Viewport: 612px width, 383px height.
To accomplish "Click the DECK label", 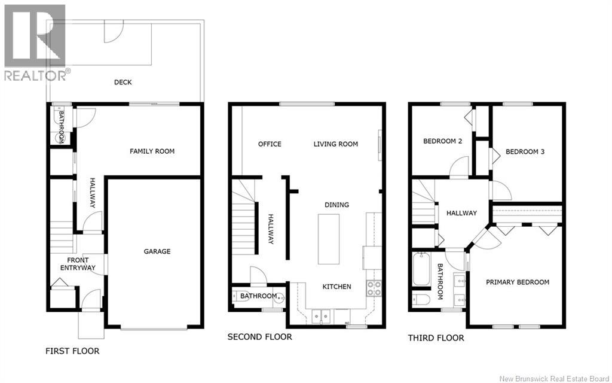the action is (123, 82).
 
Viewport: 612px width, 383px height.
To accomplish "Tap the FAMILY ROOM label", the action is (152, 151).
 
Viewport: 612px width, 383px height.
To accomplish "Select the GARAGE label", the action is (157, 251).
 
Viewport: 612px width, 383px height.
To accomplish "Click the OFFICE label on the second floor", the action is (270, 144).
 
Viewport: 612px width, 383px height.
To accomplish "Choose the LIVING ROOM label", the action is (336, 144).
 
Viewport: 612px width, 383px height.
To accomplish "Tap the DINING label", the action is (336, 205).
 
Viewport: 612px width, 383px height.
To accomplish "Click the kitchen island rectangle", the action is (328, 239).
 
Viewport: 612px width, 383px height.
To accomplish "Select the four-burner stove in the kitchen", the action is (374, 288).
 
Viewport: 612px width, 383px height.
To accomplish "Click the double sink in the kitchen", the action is (321, 317).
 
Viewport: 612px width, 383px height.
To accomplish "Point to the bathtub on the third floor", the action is (421, 269).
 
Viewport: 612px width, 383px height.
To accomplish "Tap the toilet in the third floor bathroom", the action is (421, 300).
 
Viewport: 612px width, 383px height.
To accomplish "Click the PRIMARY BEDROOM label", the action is (517, 282).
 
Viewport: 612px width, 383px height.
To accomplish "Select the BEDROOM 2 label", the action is (443, 141).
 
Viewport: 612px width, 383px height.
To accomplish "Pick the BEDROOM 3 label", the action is (525, 151).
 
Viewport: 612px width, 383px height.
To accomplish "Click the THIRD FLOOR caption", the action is (436, 338).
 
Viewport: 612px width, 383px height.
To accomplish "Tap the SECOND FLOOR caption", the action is (259, 336).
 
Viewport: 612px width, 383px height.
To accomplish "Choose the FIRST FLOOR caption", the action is (72, 351).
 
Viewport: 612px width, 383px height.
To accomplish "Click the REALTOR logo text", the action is (35, 75).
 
